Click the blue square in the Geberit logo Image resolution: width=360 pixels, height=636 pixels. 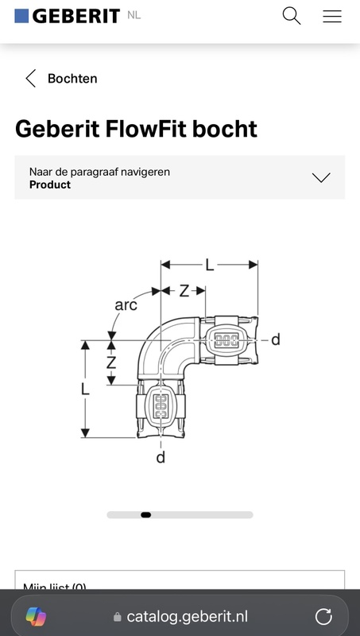[x=21, y=15]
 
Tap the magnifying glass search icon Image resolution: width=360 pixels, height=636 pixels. [x=292, y=15]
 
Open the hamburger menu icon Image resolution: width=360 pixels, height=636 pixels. [x=331, y=15]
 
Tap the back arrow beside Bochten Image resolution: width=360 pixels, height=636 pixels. [x=30, y=78]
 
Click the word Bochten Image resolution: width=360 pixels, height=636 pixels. [x=72, y=79]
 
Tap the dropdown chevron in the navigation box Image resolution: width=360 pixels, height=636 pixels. [x=321, y=177]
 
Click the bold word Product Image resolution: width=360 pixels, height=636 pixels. [x=50, y=184]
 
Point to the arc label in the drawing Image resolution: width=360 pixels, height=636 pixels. [x=126, y=304]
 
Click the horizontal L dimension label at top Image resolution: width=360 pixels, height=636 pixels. [x=210, y=266]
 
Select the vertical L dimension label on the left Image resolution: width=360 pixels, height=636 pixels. [x=85, y=390]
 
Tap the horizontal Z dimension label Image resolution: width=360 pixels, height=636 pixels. [x=184, y=291]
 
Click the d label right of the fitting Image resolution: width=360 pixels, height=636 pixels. [x=275, y=340]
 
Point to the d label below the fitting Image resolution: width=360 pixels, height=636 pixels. [x=161, y=458]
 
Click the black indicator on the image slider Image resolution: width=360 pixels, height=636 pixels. [x=145, y=515]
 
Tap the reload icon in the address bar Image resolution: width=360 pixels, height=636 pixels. [x=323, y=616]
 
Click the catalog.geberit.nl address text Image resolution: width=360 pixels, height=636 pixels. [x=187, y=617]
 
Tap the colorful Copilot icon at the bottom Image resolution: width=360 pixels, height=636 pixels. [x=36, y=616]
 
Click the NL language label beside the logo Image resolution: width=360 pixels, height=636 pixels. [x=134, y=14]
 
